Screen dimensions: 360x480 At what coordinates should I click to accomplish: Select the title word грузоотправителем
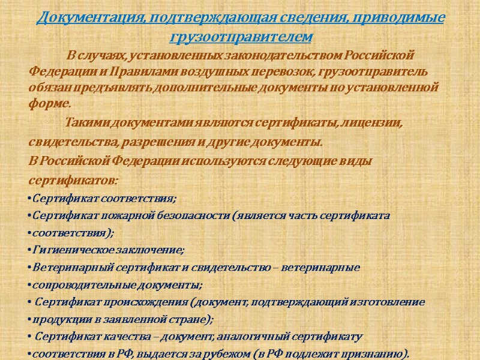[241, 37]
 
